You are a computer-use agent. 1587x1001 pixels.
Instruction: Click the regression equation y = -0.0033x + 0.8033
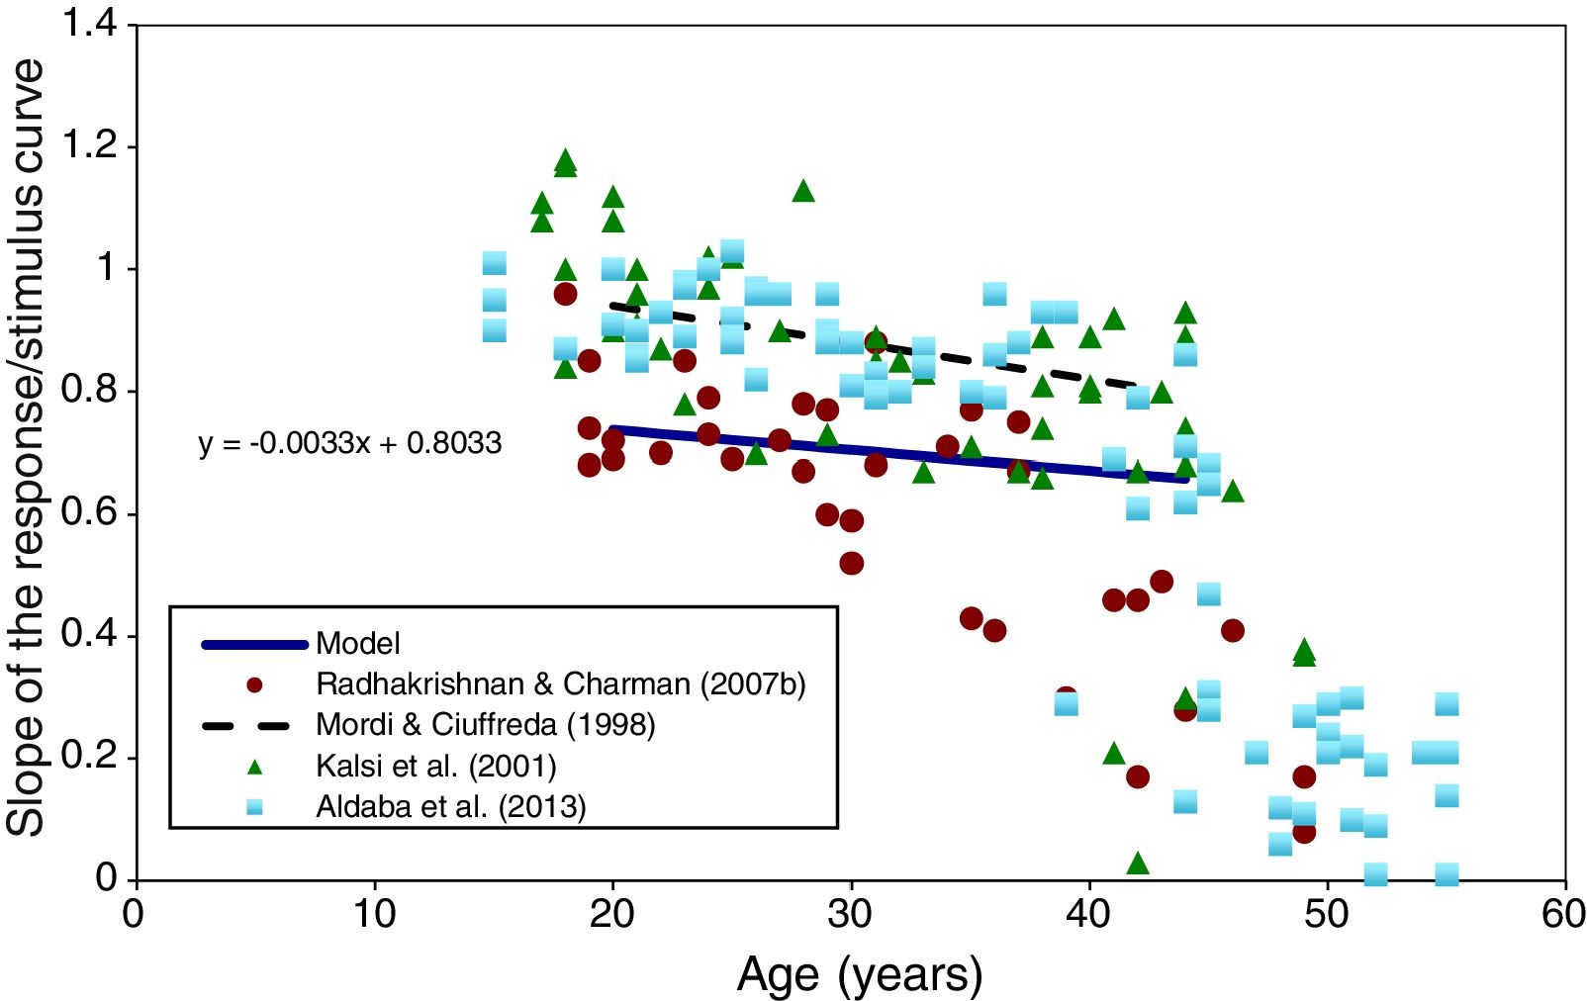click(x=350, y=443)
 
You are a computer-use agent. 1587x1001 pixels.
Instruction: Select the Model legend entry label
click(x=358, y=644)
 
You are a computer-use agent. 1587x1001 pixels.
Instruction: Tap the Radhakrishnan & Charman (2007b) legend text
click(x=561, y=683)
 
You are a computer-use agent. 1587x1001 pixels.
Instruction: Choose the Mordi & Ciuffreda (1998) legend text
click(x=486, y=725)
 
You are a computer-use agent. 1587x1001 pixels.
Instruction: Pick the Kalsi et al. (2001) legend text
click(x=435, y=766)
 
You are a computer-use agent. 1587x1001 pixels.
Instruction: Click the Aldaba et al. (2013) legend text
click(x=451, y=807)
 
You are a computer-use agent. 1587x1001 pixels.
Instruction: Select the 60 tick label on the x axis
click(x=1564, y=914)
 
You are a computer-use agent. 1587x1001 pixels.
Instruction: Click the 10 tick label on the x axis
click(x=375, y=914)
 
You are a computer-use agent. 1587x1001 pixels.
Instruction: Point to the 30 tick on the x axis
click(x=851, y=914)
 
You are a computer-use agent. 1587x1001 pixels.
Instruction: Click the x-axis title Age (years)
click(x=859, y=974)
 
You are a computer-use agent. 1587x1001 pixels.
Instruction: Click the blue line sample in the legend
click(x=254, y=645)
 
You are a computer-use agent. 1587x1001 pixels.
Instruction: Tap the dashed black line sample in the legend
click(x=254, y=725)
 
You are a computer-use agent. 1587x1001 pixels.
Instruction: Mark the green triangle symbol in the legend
click(x=254, y=766)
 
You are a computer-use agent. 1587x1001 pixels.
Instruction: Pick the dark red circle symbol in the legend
click(x=254, y=684)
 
